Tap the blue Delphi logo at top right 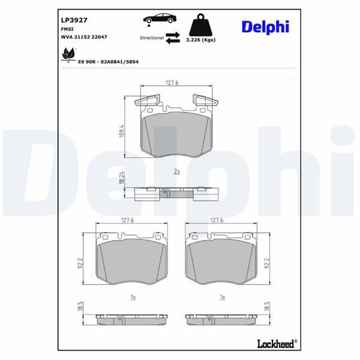[266, 26]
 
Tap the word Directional [151, 37]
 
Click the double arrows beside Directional [172, 38]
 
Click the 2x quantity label [176, 172]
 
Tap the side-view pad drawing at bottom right [223, 316]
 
